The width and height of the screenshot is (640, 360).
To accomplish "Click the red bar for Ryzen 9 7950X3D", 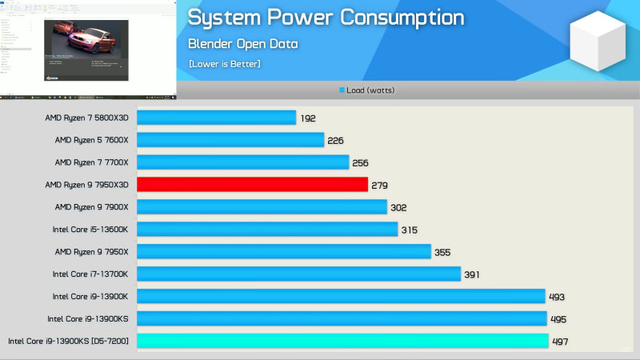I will pos(252,185).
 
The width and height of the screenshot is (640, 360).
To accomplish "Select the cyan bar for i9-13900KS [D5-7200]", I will pos(342,341).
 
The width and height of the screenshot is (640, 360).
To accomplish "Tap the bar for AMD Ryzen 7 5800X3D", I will pos(216,118).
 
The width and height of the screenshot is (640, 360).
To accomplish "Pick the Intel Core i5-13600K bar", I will pos(267,230).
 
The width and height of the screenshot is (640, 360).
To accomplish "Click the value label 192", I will pos(309,118).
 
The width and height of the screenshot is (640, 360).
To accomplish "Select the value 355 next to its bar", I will pos(442,252).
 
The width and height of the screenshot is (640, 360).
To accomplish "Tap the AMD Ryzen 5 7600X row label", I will pos(91,140).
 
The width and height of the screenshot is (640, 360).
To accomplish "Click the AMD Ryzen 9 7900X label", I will pos(91,207).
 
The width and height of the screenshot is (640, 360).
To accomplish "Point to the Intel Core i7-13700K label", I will pos(90,274).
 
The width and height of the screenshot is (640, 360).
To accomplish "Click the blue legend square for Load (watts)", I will pos(342,90).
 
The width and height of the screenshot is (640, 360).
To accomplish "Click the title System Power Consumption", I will pos(326,18).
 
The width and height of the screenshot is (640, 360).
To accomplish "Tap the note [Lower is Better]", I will pos(225,63).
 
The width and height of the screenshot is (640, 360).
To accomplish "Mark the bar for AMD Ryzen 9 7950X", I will pos(284,252).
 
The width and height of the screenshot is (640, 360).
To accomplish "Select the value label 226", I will pos(335,141).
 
